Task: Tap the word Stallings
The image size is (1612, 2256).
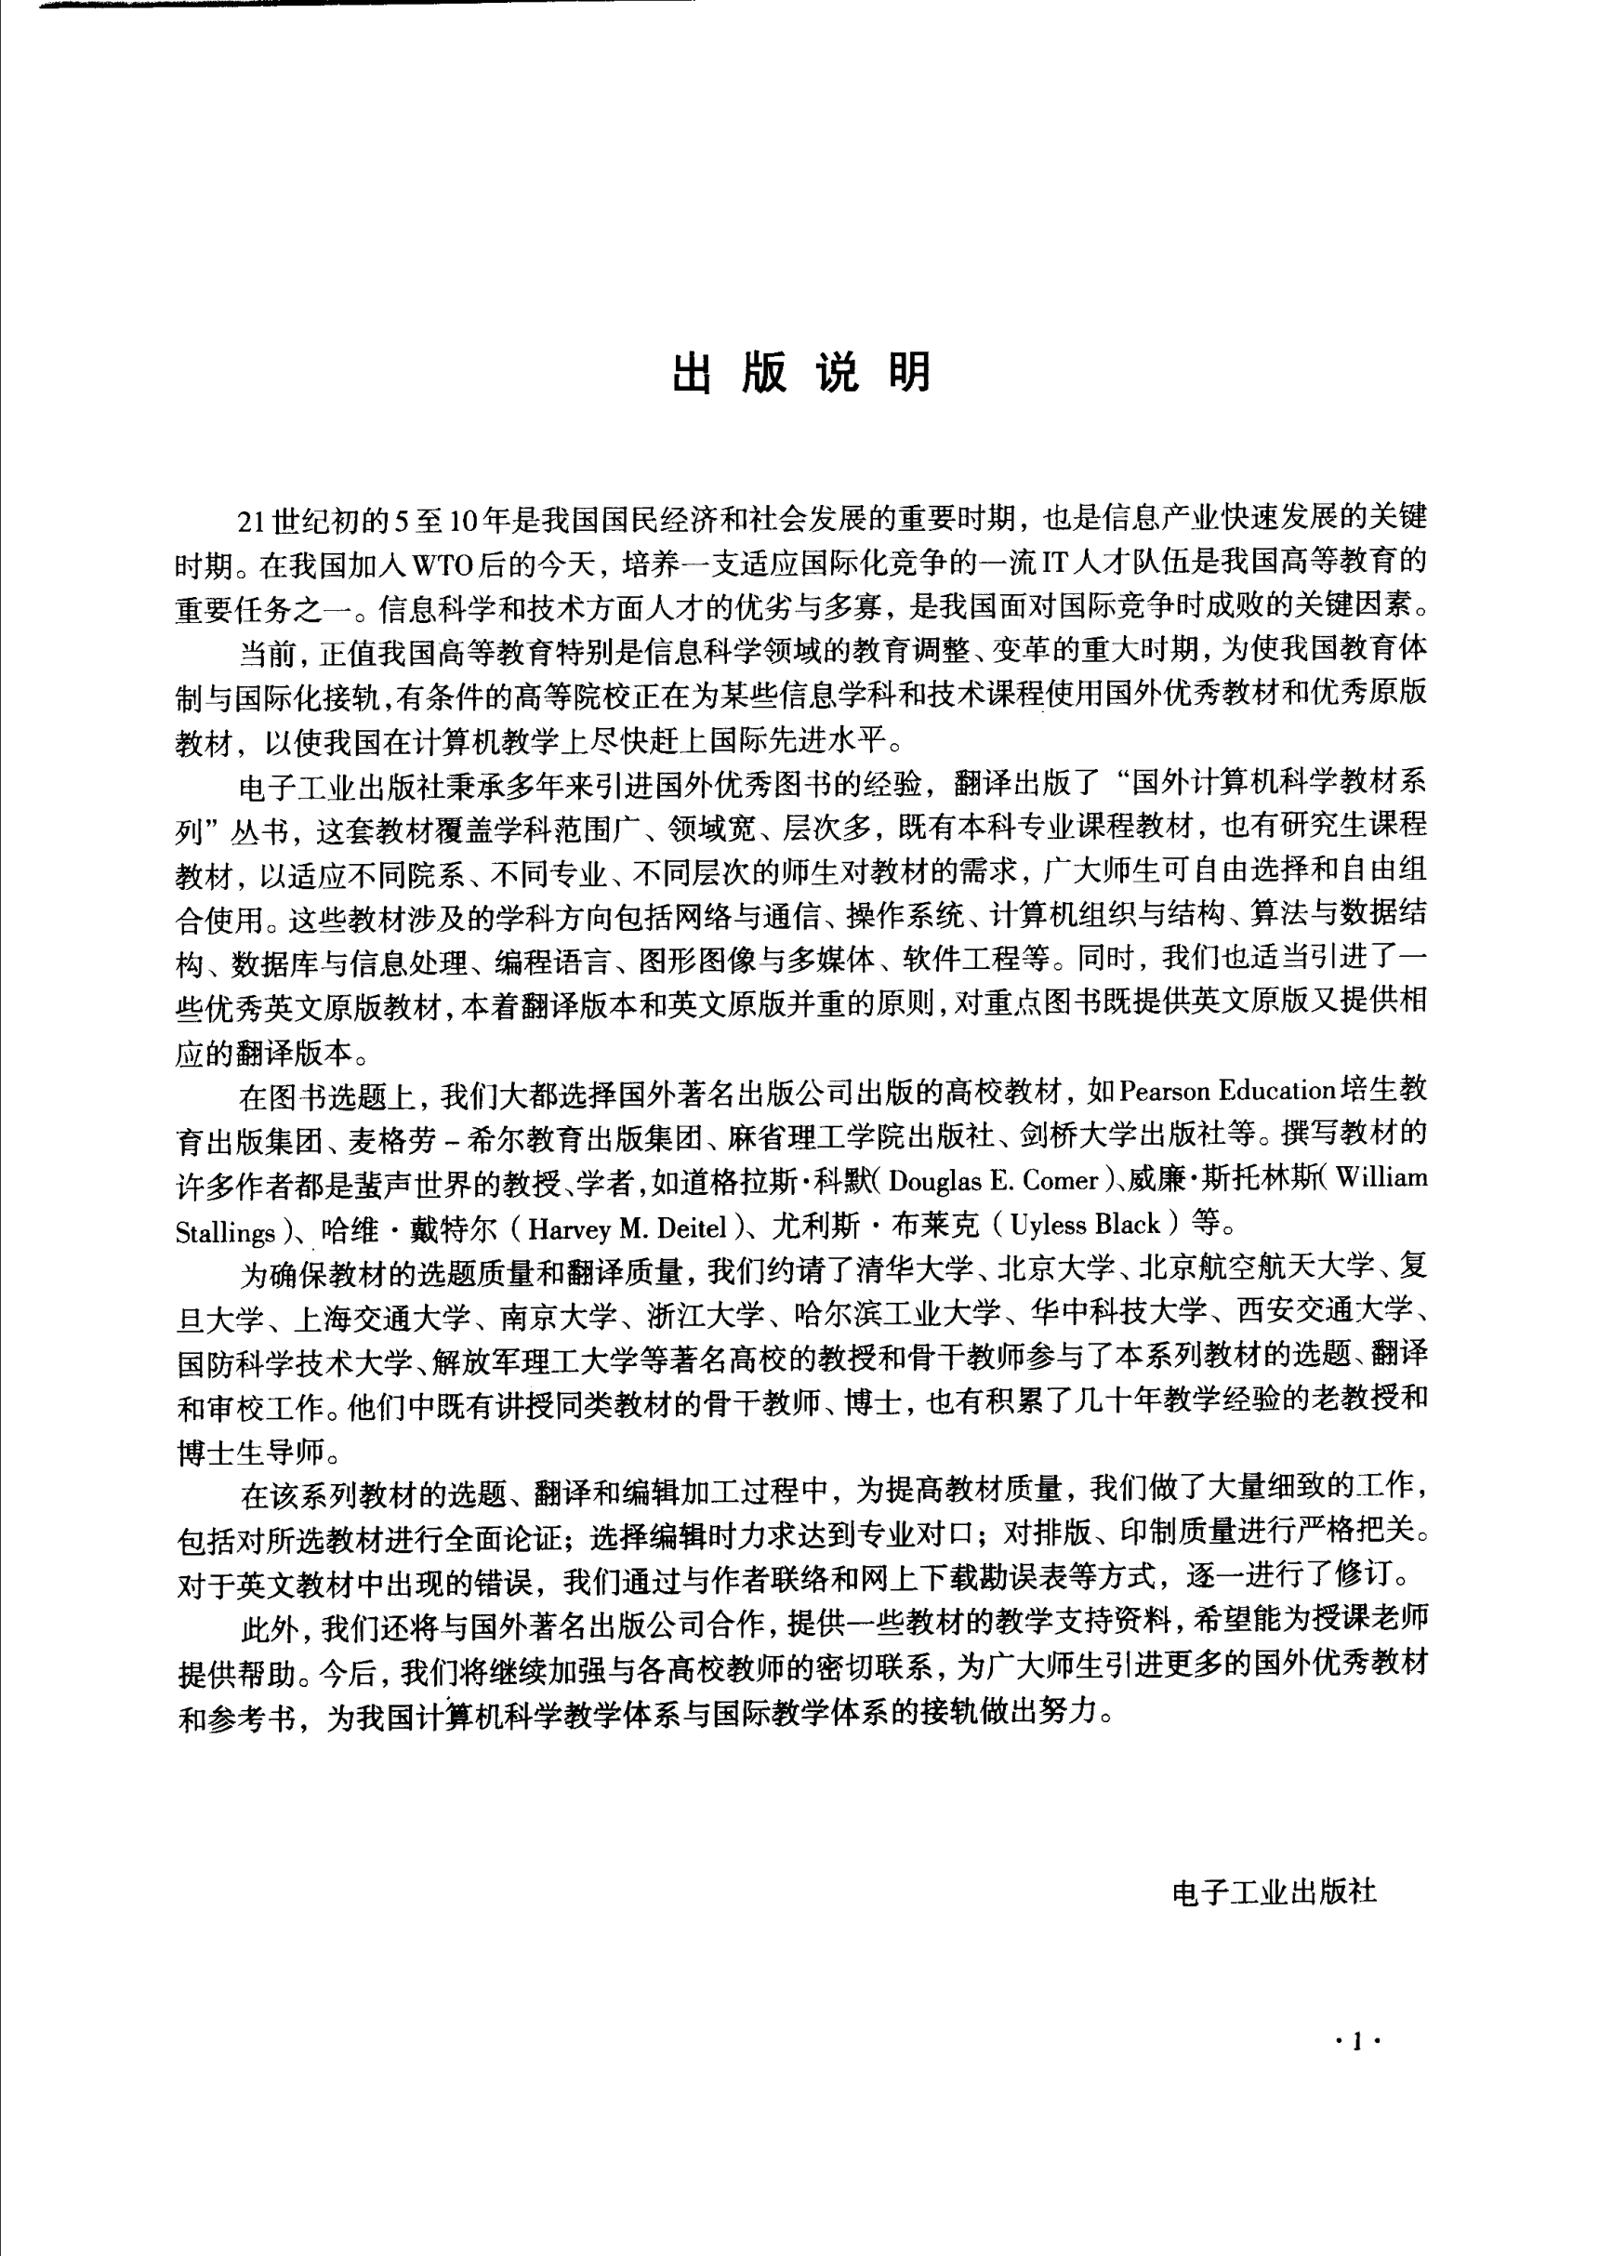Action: (224, 1232)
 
